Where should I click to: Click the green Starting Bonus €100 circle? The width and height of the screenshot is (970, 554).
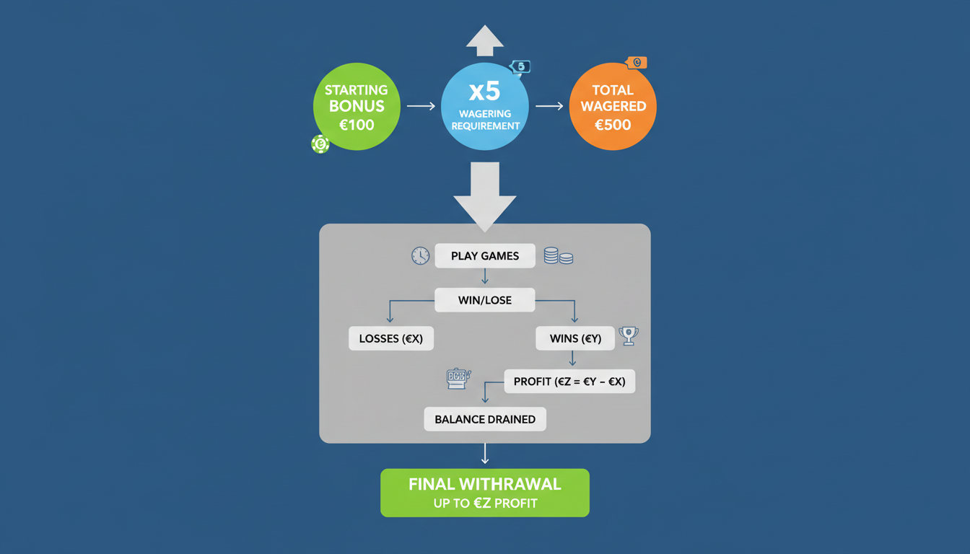[x=357, y=107]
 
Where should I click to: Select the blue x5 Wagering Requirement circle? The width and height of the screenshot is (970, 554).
[x=484, y=107]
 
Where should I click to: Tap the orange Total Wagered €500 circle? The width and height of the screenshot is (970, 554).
[x=613, y=107]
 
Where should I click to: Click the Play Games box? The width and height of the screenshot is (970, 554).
[x=485, y=256]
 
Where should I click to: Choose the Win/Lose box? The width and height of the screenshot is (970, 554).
[x=485, y=300]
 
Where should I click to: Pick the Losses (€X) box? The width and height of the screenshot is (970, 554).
[x=391, y=338]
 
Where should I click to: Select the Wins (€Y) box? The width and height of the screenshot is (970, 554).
[x=574, y=338]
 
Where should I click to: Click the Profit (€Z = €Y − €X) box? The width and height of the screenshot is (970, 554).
[x=569, y=382]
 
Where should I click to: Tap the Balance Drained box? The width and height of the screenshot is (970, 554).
[x=485, y=419]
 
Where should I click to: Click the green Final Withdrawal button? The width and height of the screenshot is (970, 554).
[x=485, y=493]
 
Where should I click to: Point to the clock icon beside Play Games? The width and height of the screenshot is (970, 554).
[x=420, y=255]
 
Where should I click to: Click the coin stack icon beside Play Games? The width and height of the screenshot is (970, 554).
[x=558, y=255]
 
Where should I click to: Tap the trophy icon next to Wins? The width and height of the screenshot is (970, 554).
[x=629, y=336]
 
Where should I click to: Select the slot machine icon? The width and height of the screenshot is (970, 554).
[x=458, y=379]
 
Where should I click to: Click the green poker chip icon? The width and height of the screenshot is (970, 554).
[x=320, y=144]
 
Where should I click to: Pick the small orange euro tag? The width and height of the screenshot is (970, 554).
[x=637, y=63]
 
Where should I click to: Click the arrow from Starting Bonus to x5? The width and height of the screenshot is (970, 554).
[x=421, y=106]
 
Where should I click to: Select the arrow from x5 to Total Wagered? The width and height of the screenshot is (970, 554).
[x=549, y=106]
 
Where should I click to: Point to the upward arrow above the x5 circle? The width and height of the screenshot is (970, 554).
[x=484, y=40]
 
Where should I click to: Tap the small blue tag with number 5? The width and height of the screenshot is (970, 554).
[x=520, y=67]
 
